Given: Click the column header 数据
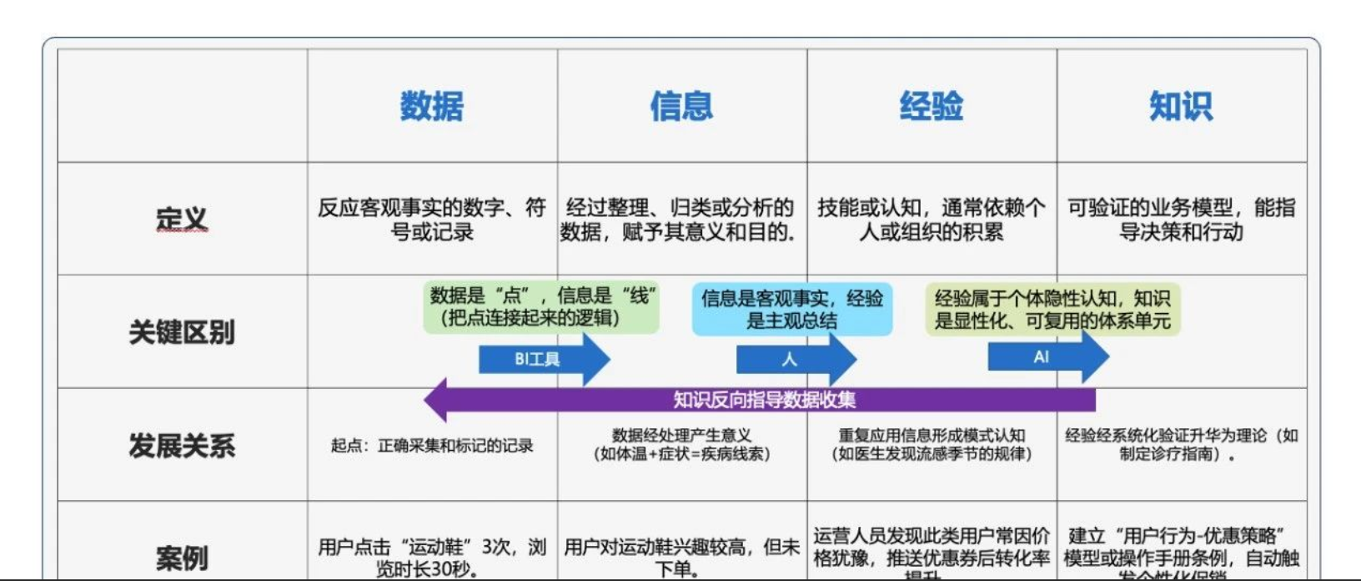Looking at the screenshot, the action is click(431, 107).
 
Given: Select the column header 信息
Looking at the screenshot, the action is click(681, 107).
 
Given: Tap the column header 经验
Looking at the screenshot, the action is click(932, 107).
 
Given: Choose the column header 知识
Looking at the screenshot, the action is click(1181, 107).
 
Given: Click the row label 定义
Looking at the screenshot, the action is click(182, 220).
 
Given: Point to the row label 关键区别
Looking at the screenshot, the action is click(182, 332).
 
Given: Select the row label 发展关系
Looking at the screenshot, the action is click(182, 445).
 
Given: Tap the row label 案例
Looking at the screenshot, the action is click(182, 558).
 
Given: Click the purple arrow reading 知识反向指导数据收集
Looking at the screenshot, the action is click(763, 400).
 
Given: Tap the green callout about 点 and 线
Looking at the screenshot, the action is click(541, 306).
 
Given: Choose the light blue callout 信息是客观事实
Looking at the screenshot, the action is click(791, 309).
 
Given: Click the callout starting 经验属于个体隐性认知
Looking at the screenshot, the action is click(1052, 309).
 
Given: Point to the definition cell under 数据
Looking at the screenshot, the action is click(431, 220).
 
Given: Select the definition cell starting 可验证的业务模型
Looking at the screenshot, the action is click(1181, 220).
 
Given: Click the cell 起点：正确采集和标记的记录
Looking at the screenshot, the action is click(431, 446).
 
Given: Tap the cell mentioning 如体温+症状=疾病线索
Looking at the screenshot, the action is click(681, 445).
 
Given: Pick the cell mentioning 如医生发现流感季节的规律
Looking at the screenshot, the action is click(932, 445).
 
